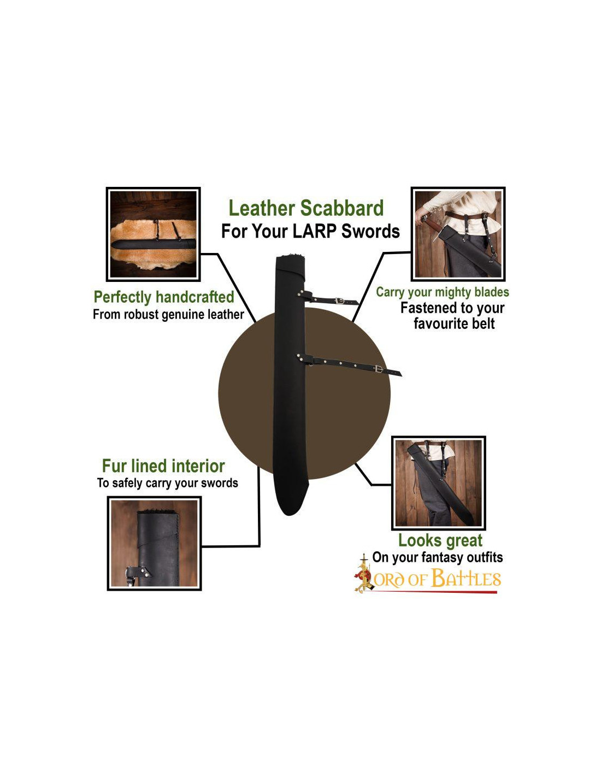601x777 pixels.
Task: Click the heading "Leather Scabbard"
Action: coord(305,208)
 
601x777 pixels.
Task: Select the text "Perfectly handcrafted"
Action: coord(164,297)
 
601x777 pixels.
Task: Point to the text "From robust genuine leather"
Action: coord(168,314)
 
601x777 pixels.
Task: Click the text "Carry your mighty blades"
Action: coord(442,292)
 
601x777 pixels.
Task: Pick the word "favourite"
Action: coord(433,323)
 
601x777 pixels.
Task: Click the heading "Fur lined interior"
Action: coord(163,466)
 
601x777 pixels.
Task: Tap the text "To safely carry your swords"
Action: coord(167,483)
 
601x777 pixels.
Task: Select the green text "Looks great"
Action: coord(440,540)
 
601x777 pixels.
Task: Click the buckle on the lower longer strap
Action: coord(379,369)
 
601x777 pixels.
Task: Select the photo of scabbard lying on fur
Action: coord(153,234)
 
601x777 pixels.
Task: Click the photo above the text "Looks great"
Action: coord(438,482)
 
